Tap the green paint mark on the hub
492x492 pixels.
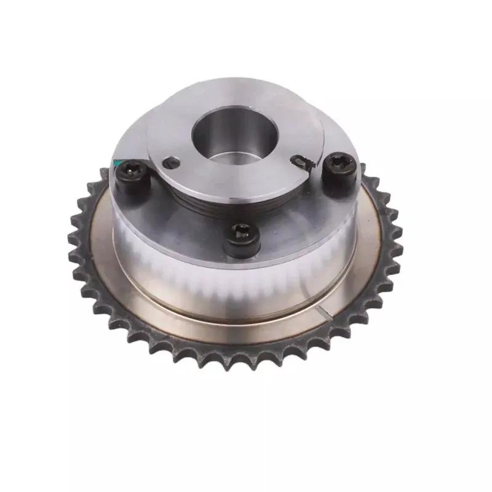[116, 163]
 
